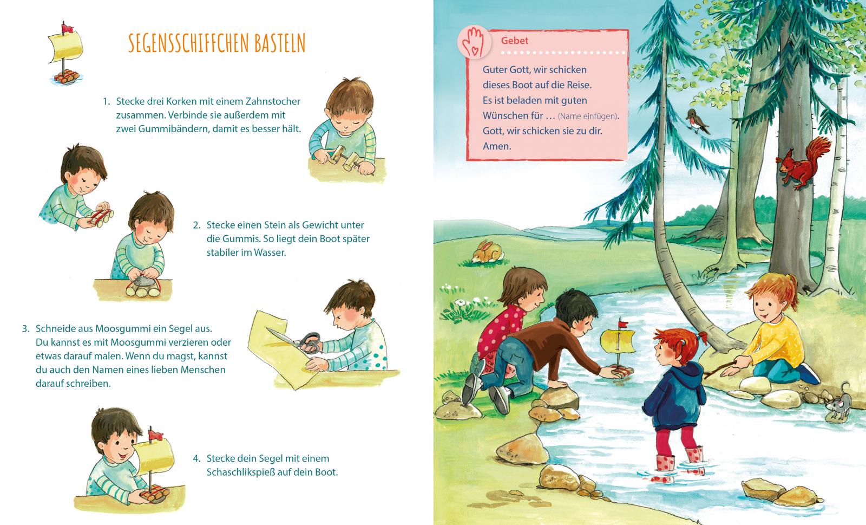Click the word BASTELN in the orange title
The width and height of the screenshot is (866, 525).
(x=280, y=43)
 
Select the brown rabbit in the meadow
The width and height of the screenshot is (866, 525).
(x=487, y=252)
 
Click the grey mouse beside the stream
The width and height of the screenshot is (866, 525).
(x=839, y=405)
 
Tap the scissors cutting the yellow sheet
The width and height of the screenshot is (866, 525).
(x=298, y=340)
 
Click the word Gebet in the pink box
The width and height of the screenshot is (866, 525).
(x=514, y=41)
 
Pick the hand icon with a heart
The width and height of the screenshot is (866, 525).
(x=474, y=43)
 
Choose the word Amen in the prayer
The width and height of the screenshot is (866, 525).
(x=497, y=146)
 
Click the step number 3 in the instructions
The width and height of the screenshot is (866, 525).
(x=25, y=329)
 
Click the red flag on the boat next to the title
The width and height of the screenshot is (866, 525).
(x=67, y=28)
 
